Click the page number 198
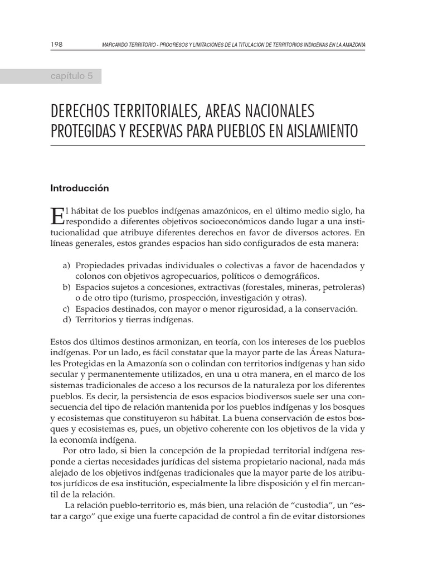[57, 44]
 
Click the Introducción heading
[80, 188]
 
